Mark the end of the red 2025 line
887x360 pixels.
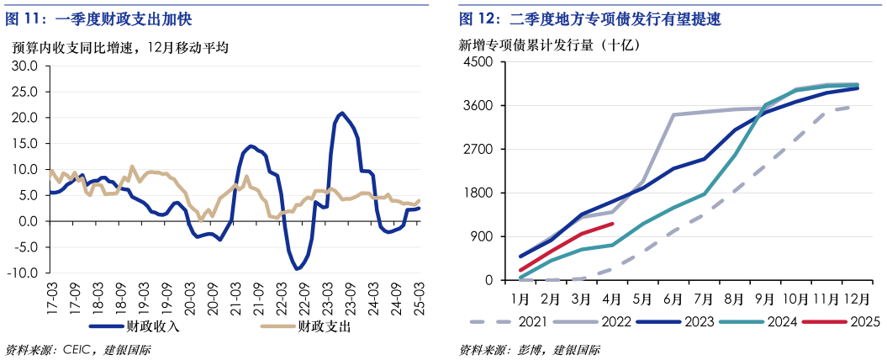613,224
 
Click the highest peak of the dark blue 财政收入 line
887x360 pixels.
341,113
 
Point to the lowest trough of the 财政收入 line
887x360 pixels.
298,269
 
